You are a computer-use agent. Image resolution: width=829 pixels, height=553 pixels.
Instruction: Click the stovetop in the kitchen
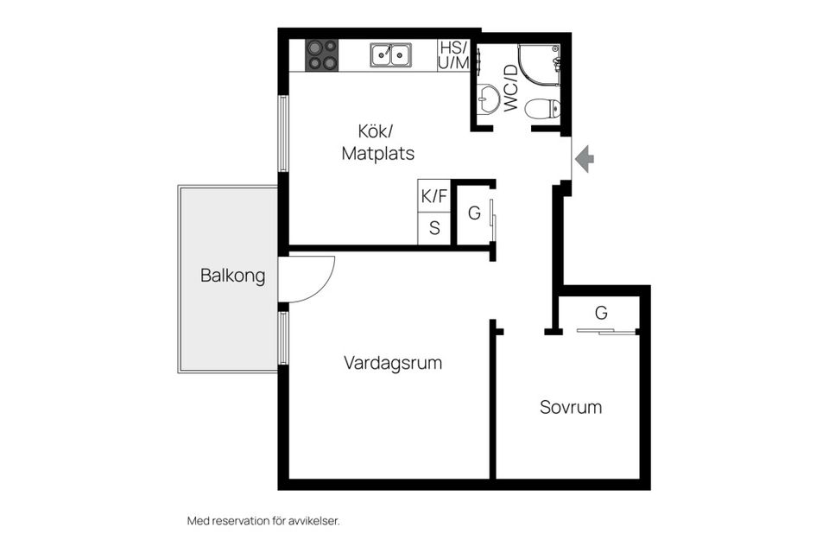coord(320,54)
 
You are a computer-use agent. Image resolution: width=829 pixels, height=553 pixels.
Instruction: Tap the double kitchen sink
coord(391,55)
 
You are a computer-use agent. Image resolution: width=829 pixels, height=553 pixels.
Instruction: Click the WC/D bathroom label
coord(510,87)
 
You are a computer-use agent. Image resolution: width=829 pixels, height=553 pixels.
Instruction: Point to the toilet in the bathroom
coord(544,109)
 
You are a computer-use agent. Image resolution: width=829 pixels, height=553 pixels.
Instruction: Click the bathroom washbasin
coord(489,99)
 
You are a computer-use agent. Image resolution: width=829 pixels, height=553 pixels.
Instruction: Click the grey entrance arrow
coord(585,158)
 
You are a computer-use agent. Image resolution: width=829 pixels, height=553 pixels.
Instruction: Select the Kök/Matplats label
coord(377,143)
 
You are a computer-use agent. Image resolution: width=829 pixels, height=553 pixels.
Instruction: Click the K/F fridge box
coord(434,196)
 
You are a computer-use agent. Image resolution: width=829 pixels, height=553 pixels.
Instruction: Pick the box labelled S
coord(434,229)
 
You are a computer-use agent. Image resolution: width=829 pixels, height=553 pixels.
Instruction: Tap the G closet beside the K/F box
coord(473,213)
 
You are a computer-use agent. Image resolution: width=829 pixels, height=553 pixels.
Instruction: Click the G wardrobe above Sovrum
coord(601,311)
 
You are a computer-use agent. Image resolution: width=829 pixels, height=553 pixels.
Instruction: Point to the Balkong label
coord(232,276)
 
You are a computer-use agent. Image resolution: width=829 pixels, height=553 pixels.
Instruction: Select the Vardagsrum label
coord(393,363)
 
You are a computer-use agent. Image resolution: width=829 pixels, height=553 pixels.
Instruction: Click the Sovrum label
coord(571,407)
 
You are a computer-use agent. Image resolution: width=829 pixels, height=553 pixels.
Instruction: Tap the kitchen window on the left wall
coord(282,134)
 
